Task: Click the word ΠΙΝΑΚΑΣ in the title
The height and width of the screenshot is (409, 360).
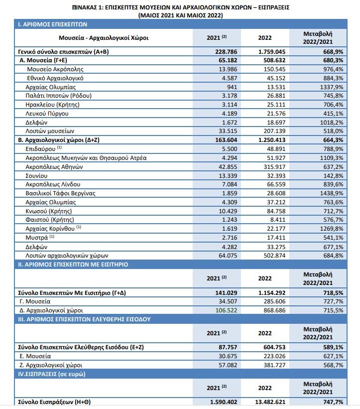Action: point(87,8)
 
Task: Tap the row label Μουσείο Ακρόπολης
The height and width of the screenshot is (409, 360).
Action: point(55,69)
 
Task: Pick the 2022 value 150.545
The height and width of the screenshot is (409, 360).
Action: point(271,69)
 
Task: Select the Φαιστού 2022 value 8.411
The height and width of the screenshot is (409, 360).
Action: point(274,220)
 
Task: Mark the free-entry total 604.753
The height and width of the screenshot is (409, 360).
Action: point(271,347)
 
